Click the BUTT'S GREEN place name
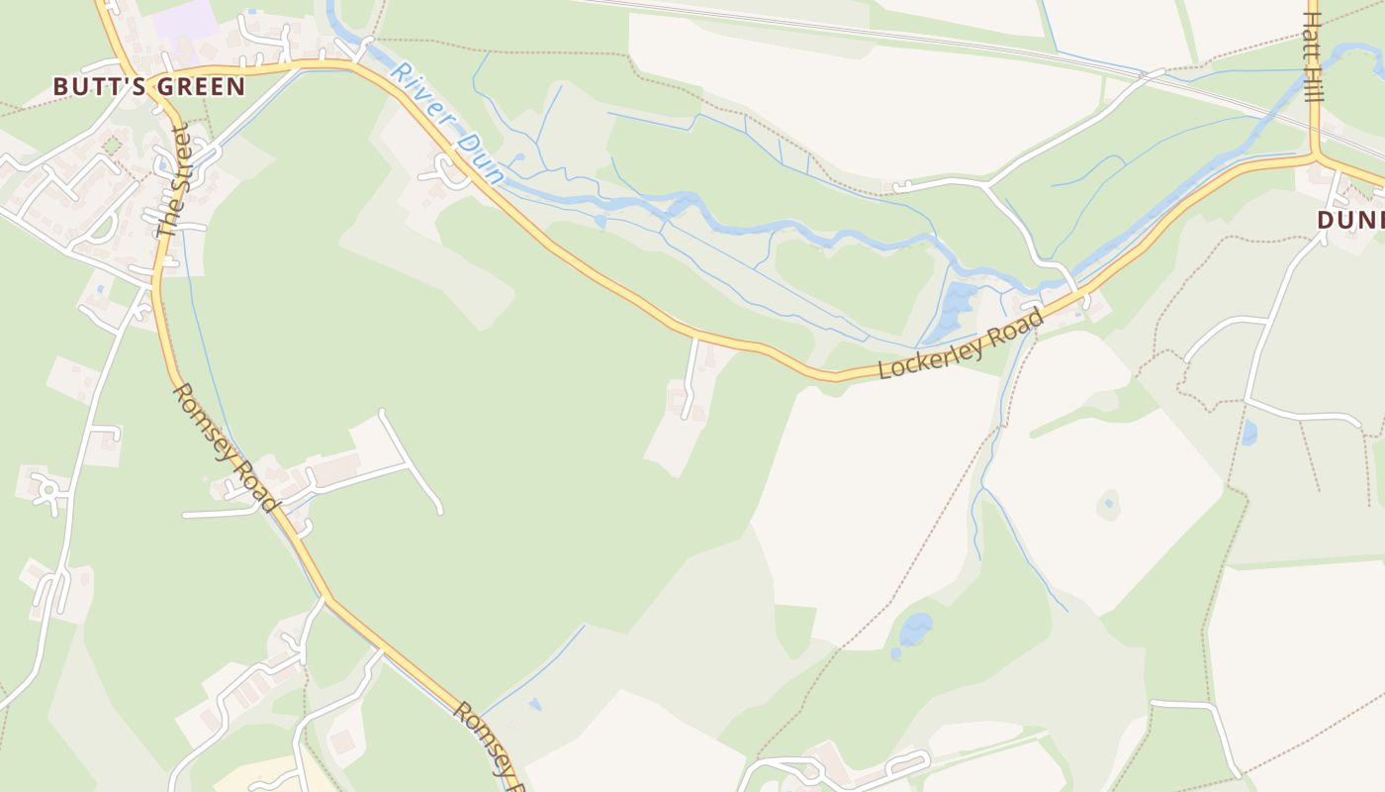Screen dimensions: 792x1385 point(148,86)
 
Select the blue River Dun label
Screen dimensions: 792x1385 point(447,122)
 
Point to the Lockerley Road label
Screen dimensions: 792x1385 point(962,344)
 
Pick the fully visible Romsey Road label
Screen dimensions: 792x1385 point(225,447)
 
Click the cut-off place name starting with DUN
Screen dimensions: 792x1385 point(1351,220)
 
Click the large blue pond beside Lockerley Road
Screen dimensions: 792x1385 point(956,309)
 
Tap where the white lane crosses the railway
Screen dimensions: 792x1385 point(1152,74)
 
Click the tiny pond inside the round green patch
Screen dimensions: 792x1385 point(1109,504)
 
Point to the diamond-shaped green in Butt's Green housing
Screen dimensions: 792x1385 point(112,147)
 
